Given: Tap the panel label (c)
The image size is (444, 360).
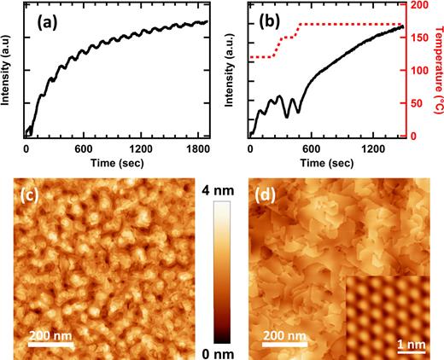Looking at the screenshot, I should [x=32, y=202].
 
